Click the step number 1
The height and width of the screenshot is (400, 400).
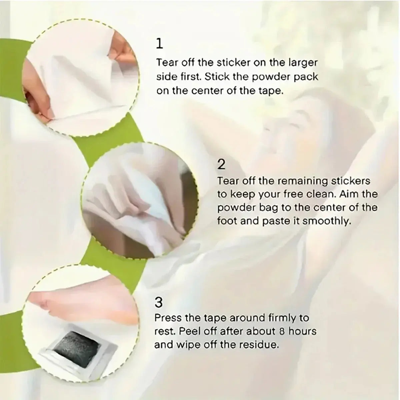click(160, 44)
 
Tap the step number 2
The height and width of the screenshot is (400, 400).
click(221, 164)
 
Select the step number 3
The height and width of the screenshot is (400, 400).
click(159, 303)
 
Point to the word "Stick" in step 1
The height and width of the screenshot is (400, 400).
click(217, 77)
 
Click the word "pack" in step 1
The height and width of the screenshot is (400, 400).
click(306, 77)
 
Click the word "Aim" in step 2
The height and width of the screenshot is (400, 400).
click(351, 194)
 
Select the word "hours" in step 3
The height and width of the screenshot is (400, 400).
click(302, 331)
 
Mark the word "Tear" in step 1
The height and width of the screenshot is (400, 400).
click(167, 63)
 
